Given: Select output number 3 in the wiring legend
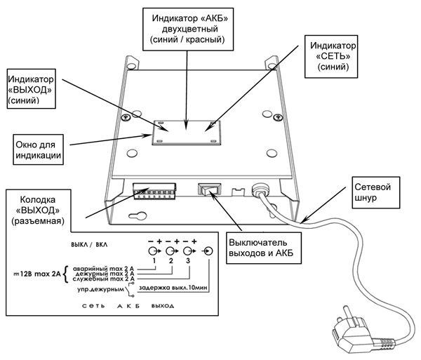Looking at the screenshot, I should pos(188,261).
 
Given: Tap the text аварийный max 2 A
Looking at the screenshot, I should pos(105,269).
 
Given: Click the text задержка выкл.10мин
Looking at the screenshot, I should pos(173,287).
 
